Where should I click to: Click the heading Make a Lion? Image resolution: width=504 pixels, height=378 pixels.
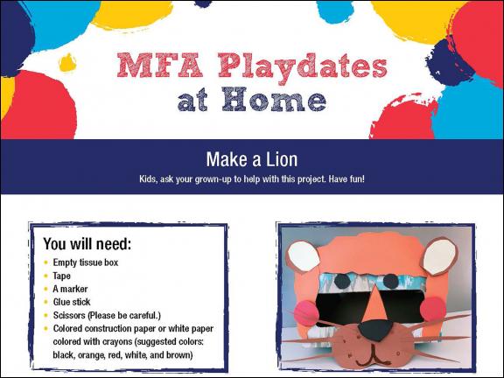(252, 159)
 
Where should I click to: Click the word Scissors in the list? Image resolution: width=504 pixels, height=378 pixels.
(73, 315)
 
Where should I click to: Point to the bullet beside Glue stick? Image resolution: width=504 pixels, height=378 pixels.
(45, 302)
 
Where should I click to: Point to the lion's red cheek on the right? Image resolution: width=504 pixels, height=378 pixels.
(431, 307)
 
